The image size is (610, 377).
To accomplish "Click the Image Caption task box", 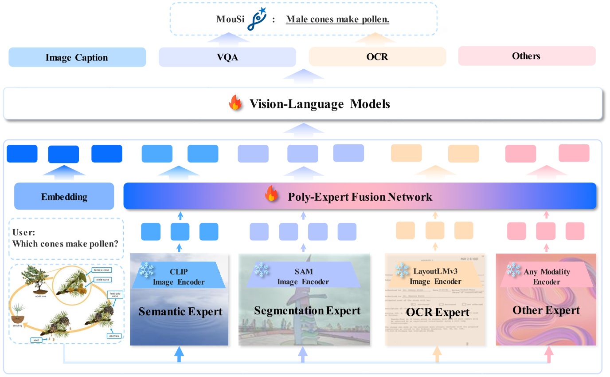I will point(77,57).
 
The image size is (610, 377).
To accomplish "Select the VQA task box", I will point(227,57).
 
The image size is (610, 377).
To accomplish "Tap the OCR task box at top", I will point(377,57).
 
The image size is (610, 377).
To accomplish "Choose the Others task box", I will point(526,56).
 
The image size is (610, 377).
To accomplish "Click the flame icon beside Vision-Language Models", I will point(235,104).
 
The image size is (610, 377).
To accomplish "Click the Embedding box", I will point(64,197).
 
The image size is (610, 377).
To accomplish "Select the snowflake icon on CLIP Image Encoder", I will point(146,269).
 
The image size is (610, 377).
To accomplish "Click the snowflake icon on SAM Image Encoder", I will point(262,269).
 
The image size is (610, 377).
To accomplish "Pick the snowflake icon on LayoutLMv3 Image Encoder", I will point(402,269).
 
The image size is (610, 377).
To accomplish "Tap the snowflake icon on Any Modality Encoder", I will point(513,269).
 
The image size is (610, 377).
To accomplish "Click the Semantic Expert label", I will point(180,311).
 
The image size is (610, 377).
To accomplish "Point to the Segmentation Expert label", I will point(307,310).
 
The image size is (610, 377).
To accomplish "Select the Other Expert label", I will point(546,310).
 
